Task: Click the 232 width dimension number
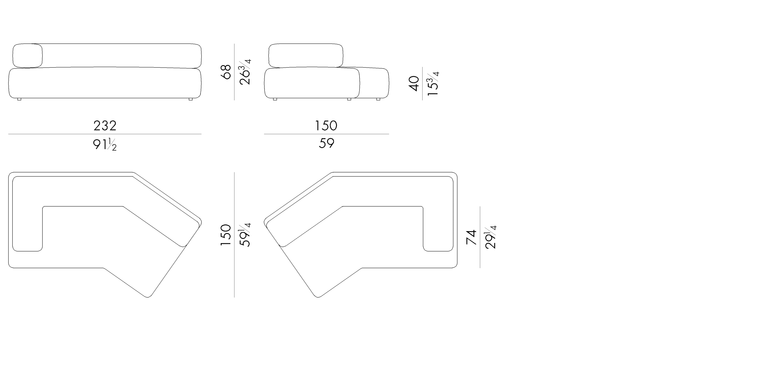[105, 126]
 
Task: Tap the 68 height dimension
[226, 72]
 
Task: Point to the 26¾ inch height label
[245, 72]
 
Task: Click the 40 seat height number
[414, 83]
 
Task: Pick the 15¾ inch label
[433, 83]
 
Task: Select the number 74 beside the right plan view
[471, 237]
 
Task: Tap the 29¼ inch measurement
[490, 237]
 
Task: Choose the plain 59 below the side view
[326, 143]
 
